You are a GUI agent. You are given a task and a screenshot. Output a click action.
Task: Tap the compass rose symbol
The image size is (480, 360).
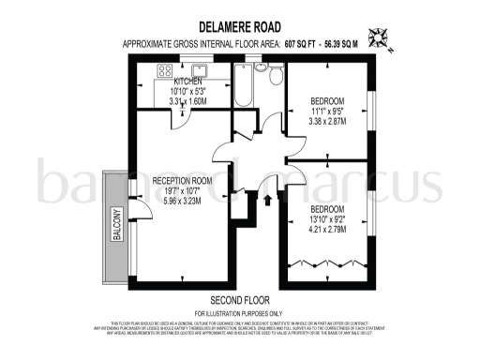pyautogui.click(x=380, y=38)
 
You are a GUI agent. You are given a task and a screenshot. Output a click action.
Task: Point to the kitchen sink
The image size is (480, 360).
pyautogui.click(x=200, y=68)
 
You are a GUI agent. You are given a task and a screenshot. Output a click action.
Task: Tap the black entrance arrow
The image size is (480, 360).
pyautogui.click(x=272, y=197)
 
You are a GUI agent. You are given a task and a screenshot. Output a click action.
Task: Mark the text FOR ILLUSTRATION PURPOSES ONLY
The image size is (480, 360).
pyautogui.click(x=239, y=312)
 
